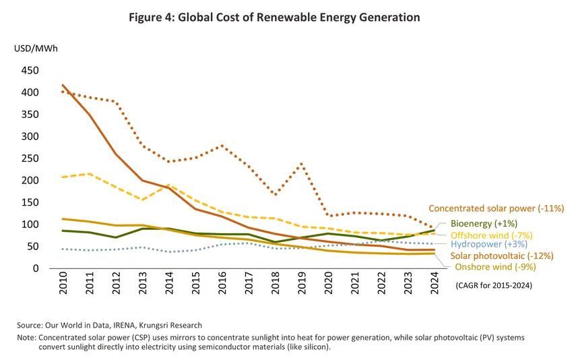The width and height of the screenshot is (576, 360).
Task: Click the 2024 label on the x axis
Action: coord(435,286)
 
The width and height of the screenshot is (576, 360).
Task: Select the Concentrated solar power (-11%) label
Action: coord(496,209)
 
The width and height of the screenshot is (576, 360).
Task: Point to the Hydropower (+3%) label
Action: coord(490,244)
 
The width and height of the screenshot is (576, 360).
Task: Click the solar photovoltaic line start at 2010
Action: coord(63,85)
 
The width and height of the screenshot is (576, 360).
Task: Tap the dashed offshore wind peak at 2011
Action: coord(90,174)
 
